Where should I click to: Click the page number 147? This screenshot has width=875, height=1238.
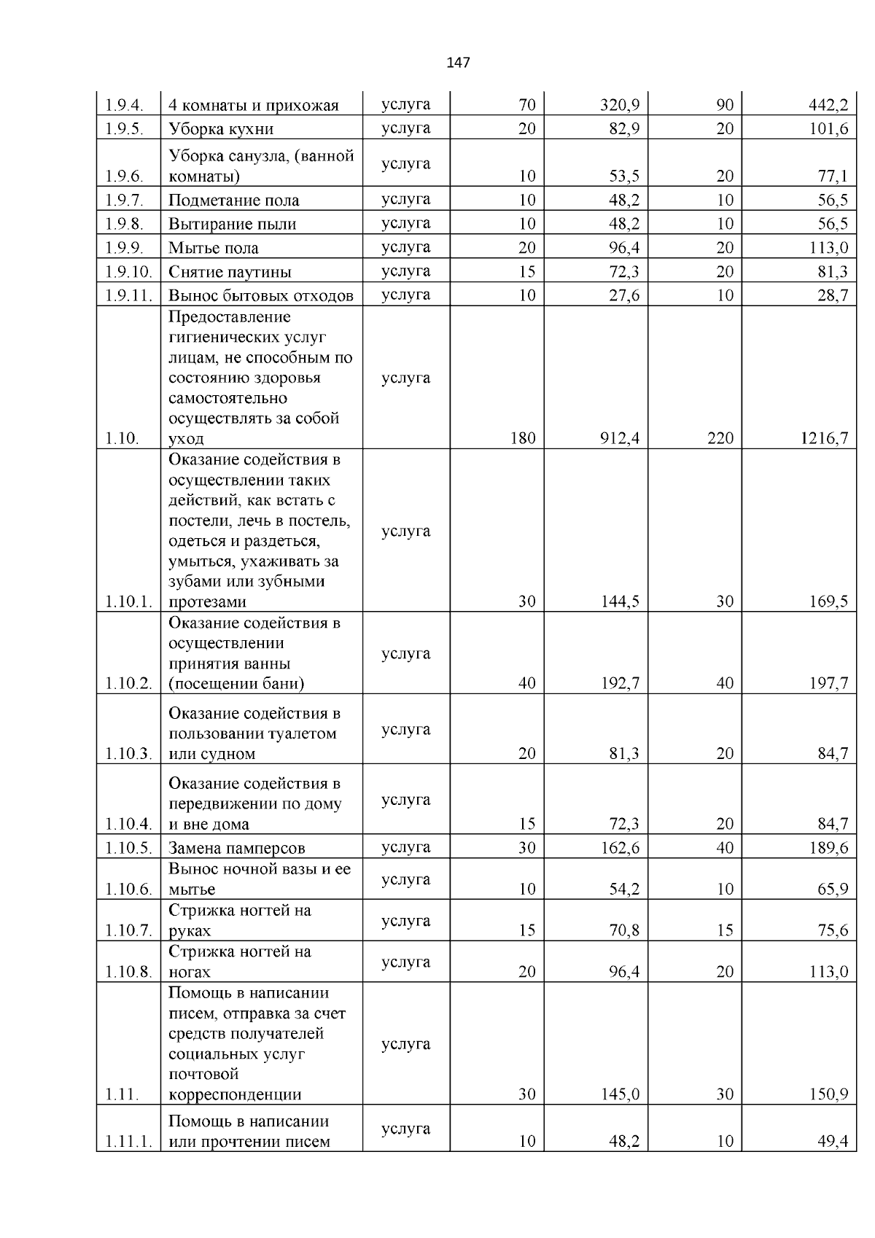coord(458,63)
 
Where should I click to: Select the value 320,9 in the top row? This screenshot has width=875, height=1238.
coord(620,105)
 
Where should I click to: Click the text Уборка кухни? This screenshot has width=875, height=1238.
coord(221,129)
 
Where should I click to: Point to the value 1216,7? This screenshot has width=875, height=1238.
coord(825,438)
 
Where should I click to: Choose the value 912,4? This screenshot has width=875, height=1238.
coord(620,438)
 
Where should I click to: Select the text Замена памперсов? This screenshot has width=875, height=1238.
coord(236,848)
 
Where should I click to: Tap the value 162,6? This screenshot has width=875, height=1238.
coord(620,848)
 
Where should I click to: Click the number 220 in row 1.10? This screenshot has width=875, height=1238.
coord(720,438)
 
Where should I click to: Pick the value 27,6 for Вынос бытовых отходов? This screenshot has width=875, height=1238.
coord(624,295)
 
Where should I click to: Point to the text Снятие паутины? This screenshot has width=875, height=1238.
coord(230,272)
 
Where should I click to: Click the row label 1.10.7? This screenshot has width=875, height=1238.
coord(128,930)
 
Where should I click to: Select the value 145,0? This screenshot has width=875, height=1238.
coord(620,1094)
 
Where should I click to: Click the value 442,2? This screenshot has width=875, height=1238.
coord(828,105)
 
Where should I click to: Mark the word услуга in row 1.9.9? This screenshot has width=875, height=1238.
coord(405,247)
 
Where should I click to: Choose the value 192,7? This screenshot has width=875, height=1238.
coord(620,683)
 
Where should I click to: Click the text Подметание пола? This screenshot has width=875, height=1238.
coord(233,201)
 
